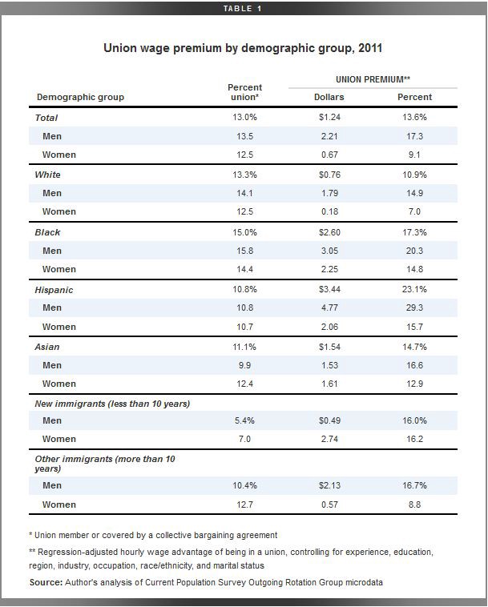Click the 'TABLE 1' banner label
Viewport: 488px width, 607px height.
(243, 9)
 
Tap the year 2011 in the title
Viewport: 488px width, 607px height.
(370, 48)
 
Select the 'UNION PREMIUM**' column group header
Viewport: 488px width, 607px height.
(373, 79)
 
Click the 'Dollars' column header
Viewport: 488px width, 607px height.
(329, 97)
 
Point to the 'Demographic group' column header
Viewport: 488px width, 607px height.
(80, 97)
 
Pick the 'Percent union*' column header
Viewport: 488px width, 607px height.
(244, 92)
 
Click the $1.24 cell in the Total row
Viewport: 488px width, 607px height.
(329, 117)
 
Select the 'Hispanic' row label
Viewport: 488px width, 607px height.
(54, 290)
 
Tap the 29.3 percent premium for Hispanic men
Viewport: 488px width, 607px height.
(414, 308)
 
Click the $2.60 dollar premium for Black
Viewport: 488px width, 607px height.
(329, 232)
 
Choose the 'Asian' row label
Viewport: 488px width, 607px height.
(46, 347)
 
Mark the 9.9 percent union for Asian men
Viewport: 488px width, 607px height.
(244, 365)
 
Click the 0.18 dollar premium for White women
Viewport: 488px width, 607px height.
(329, 211)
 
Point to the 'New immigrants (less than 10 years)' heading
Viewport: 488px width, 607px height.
(112, 404)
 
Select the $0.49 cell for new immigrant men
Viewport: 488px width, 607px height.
(329, 420)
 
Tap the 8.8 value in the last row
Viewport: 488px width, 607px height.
(414, 504)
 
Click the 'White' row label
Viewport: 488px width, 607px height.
(47, 175)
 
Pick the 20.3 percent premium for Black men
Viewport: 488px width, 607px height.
(414, 251)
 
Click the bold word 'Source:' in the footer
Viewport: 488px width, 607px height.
(46, 582)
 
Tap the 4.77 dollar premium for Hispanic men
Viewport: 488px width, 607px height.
(329, 308)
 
